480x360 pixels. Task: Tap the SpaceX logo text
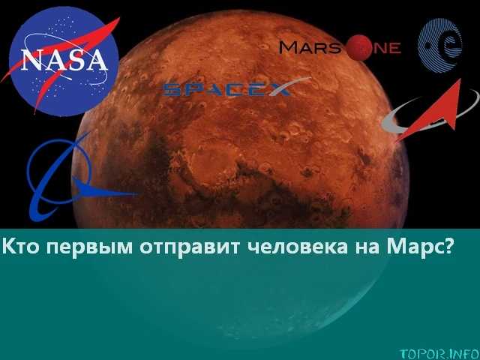[226, 89]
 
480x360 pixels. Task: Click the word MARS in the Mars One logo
[310, 48]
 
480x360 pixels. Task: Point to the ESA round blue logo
[440, 45]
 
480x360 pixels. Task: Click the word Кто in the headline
[21, 247]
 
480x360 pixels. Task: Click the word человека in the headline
[297, 247]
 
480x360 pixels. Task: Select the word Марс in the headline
[413, 247]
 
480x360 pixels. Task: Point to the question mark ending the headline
[447, 246]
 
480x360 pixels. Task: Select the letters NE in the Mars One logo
[387, 48]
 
